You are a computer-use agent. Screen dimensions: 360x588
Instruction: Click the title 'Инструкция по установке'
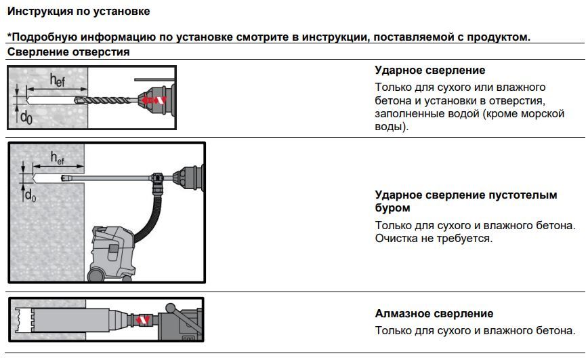click(79, 12)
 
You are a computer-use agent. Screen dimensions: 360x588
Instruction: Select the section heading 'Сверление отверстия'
click(68, 52)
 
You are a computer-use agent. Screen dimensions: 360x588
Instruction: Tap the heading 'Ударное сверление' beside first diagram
click(429, 71)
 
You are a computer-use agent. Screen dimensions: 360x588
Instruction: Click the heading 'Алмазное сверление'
click(434, 314)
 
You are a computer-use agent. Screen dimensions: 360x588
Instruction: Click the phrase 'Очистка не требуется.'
click(434, 239)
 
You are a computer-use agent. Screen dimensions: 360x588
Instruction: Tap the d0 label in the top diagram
click(25, 116)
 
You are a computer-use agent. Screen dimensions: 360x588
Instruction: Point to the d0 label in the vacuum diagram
click(30, 195)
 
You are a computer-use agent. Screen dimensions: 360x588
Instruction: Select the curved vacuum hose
click(154, 217)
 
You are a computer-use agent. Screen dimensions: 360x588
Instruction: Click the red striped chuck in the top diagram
click(153, 100)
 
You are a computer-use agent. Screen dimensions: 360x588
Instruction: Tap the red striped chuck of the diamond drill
click(143, 319)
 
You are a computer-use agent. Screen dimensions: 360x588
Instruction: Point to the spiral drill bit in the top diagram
click(108, 100)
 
